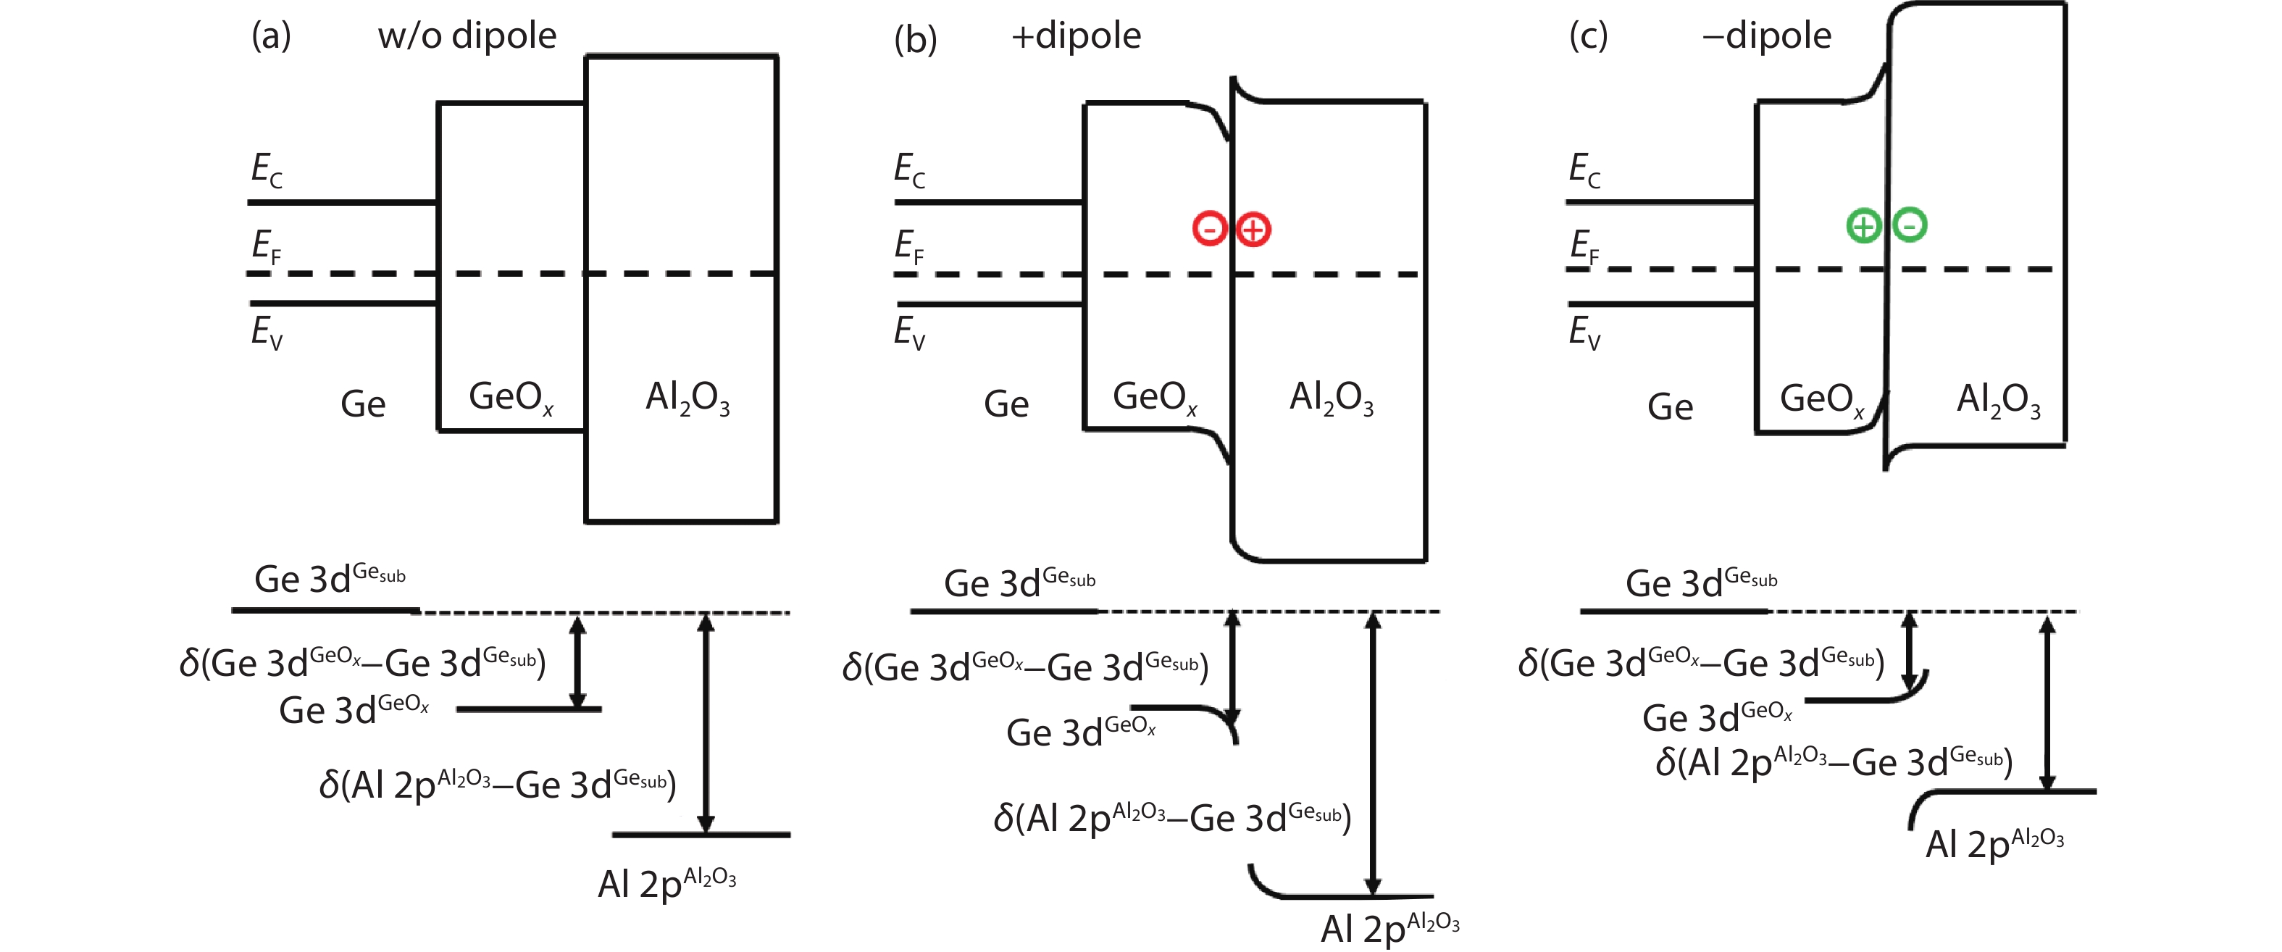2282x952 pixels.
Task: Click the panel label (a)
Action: [x=271, y=36]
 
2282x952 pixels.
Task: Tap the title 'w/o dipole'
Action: [x=467, y=36]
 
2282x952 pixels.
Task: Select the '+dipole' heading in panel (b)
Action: [x=1076, y=36]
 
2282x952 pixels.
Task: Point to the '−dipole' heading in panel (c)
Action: [x=1766, y=36]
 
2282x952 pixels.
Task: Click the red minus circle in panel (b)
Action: [x=1209, y=228]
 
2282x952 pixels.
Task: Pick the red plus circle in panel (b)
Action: [x=1253, y=230]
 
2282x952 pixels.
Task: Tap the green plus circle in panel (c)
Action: [x=1863, y=226]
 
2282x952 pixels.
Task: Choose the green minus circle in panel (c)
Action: [x=1909, y=224]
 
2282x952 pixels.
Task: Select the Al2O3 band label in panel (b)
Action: [x=1331, y=398]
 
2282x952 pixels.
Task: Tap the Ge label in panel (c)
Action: [x=1670, y=407]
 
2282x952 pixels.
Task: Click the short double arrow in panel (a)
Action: [x=577, y=661]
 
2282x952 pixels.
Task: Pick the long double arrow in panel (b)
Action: [x=1372, y=753]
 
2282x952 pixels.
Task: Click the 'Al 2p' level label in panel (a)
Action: [x=666, y=884]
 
